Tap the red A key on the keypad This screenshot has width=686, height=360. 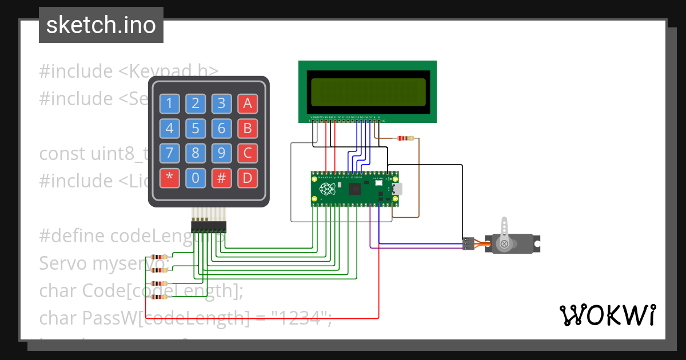247,103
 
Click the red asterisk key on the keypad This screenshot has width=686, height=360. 169,178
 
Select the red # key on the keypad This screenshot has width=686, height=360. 221,178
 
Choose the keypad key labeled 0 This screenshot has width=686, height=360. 196,178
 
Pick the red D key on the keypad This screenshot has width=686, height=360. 247,178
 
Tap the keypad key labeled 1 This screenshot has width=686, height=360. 169,103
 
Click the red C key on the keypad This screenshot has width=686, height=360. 247,153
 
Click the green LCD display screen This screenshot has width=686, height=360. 368,91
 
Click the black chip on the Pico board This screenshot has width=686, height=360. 355,189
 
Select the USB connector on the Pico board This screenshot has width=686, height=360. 397,189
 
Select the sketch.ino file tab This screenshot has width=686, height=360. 101,25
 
